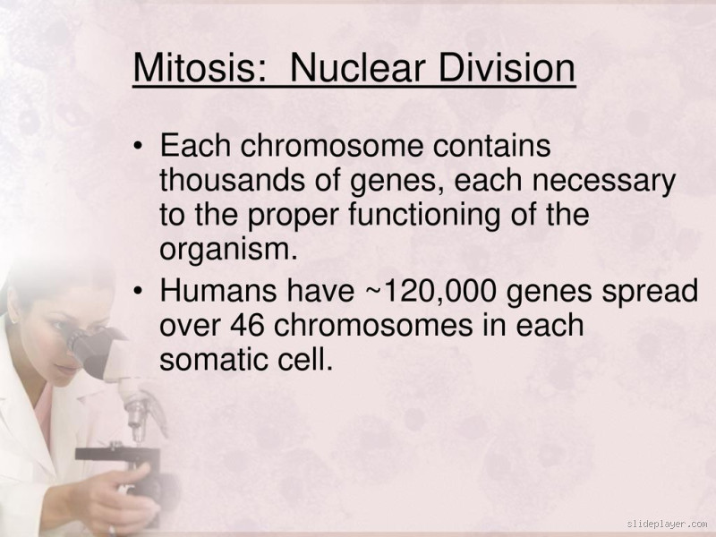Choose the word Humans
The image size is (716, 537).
tap(212, 291)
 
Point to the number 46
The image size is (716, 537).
tap(247, 326)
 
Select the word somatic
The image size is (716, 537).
tap(213, 361)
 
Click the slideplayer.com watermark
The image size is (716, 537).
tap(667, 524)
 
